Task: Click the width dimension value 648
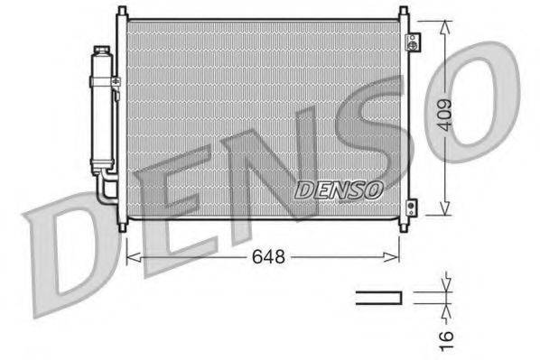[268, 257]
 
